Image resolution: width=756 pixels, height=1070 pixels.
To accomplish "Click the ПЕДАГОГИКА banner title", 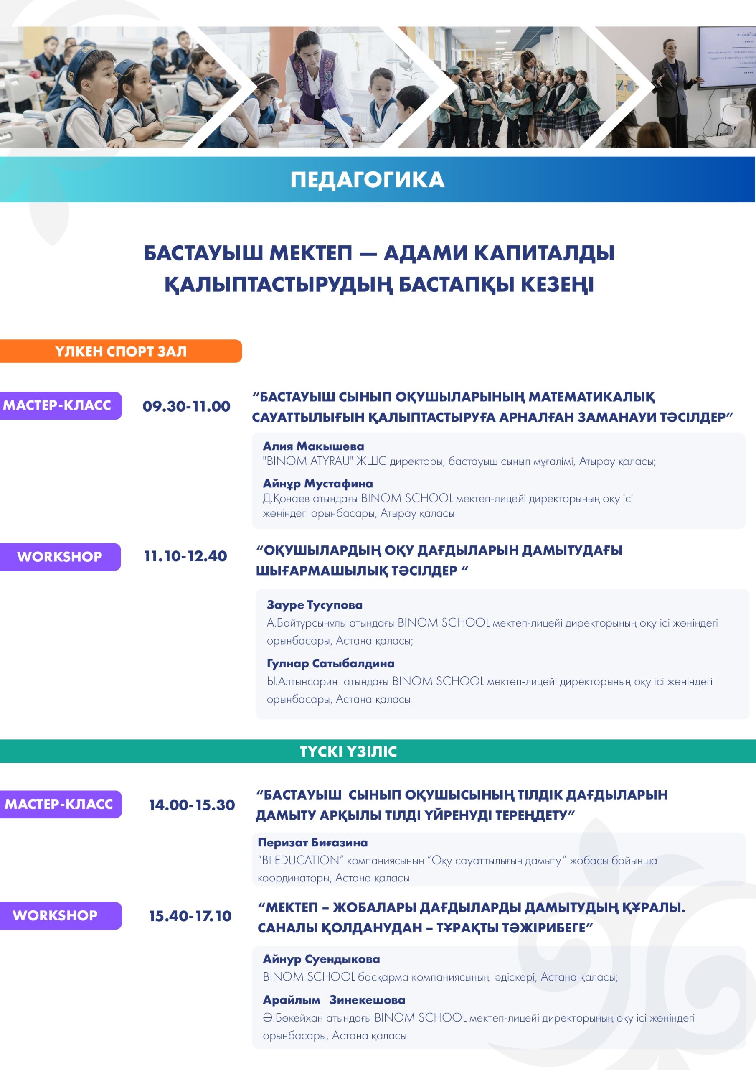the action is click(367, 180).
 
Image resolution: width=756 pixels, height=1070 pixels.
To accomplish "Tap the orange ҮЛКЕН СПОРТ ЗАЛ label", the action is click(121, 351).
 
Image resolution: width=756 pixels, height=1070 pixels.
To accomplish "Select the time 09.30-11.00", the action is click(186, 406).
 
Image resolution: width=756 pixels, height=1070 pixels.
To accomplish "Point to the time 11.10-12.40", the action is click(185, 556).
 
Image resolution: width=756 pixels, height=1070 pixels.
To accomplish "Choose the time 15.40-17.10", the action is click(190, 916).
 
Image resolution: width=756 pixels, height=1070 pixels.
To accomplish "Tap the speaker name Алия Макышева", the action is click(314, 446).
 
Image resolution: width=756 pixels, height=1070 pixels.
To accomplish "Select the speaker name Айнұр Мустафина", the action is click(318, 483).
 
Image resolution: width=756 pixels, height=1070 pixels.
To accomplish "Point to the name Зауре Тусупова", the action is click(315, 605).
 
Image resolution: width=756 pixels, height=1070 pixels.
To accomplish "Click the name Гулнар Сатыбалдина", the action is click(330, 663).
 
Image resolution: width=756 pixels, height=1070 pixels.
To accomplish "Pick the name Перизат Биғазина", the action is click(312, 842).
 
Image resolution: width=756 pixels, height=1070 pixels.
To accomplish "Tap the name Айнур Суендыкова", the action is click(322, 959).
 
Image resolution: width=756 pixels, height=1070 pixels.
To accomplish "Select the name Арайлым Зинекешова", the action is click(334, 1000).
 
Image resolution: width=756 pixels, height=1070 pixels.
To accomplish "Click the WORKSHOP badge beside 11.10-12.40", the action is click(60, 557).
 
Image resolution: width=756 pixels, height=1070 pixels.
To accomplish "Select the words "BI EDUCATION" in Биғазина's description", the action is click(299, 860).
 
